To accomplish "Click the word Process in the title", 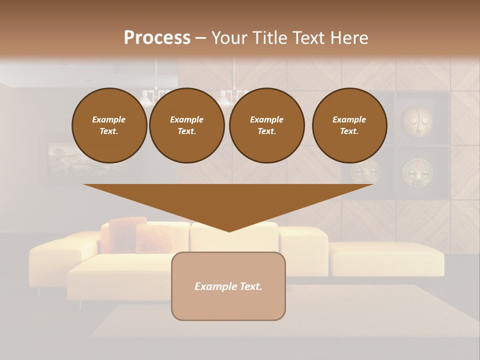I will point(157,37).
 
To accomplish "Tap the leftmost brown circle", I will point(109,125).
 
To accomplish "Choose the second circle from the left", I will point(186,125).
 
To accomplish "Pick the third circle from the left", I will point(266,125).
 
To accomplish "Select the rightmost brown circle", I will point(349,125).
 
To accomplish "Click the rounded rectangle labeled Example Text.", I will point(228,286).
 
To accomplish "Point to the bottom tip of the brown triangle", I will point(229,230).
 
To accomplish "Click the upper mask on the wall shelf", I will point(417,119).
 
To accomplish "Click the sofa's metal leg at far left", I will point(38,290).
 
